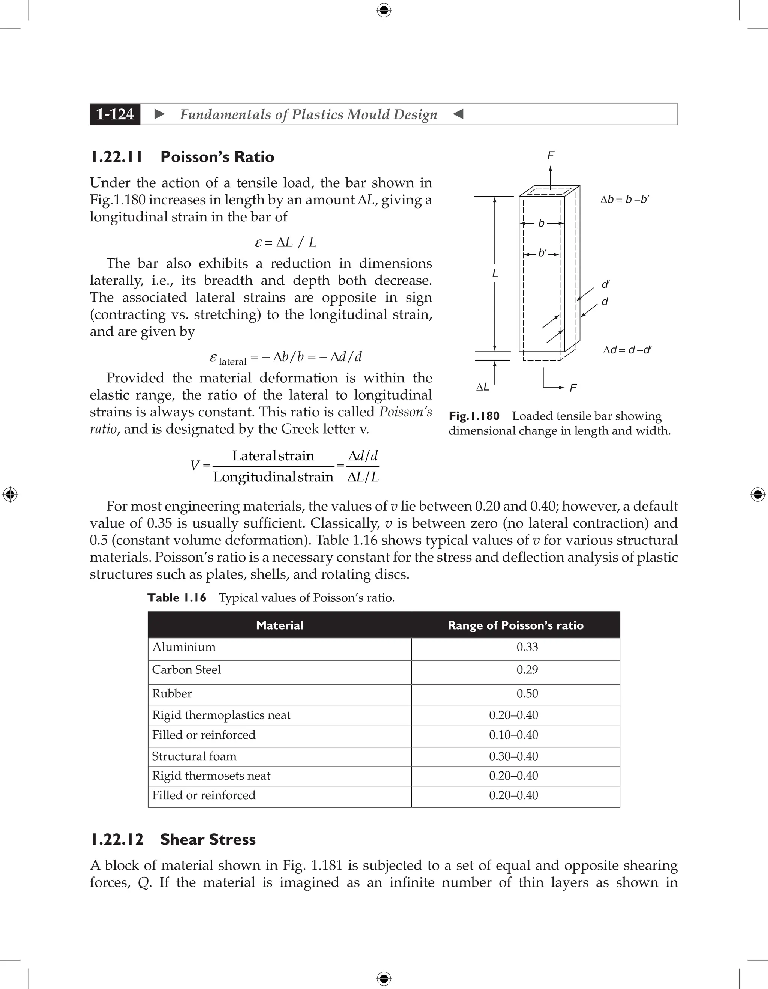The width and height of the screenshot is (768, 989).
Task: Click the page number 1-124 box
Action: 115,114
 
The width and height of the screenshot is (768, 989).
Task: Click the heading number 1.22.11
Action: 116,157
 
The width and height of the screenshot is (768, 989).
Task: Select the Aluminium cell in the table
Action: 184,647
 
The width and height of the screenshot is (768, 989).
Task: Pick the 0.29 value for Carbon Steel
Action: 527,670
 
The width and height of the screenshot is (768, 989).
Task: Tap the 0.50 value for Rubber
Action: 527,693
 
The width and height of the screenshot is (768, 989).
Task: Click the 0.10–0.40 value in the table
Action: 513,735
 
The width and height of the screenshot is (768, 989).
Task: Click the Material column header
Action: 279,625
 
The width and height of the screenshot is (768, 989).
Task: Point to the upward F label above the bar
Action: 550,156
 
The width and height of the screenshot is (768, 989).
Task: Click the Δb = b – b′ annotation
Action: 624,200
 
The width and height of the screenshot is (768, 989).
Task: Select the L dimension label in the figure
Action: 495,274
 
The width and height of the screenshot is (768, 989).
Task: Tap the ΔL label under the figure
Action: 482,387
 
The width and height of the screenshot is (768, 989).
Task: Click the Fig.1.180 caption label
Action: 474,416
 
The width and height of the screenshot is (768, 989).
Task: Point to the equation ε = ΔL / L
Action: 286,242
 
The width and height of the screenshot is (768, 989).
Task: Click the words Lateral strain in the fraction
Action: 273,455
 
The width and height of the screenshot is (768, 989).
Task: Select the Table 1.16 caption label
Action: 177,598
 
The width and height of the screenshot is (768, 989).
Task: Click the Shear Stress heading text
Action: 208,839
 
